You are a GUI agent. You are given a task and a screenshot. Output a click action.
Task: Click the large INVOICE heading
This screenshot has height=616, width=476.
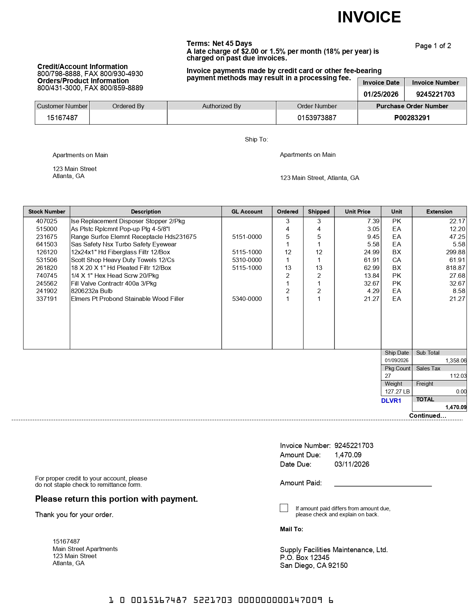click(x=369, y=17)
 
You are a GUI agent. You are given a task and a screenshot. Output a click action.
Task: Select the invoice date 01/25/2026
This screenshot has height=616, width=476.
click(x=381, y=94)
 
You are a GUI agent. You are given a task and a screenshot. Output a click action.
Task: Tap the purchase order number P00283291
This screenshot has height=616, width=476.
click(x=412, y=118)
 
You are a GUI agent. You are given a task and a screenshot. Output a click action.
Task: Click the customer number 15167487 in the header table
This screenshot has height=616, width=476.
click(x=62, y=118)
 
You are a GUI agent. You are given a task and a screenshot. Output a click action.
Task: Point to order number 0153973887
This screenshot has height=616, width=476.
click(x=317, y=118)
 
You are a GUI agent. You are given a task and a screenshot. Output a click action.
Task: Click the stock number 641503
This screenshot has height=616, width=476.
click(x=47, y=244)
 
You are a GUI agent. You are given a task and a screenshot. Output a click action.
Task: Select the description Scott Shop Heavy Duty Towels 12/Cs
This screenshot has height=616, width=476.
click(x=122, y=260)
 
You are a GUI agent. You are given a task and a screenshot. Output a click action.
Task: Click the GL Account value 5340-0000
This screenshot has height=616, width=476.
click(x=247, y=299)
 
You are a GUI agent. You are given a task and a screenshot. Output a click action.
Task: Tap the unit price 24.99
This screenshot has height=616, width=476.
click(x=371, y=252)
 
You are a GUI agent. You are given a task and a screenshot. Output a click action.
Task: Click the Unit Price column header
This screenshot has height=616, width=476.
click(x=357, y=211)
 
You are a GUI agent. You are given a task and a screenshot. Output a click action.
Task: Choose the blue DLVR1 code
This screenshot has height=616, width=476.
click(x=391, y=401)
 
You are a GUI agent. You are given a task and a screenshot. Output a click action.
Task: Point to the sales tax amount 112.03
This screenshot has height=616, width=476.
click(x=458, y=376)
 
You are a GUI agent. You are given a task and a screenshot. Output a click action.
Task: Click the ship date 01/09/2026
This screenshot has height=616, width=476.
click(x=396, y=360)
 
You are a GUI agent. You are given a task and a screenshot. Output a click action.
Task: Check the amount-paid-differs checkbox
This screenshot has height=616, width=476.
click(x=284, y=508)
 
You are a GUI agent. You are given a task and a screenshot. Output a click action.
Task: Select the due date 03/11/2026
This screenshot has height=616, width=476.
click(x=352, y=464)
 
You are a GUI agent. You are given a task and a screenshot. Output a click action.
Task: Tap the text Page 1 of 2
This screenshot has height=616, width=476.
click(x=433, y=46)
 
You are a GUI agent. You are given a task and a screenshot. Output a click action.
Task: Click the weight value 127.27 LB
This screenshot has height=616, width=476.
click(x=397, y=392)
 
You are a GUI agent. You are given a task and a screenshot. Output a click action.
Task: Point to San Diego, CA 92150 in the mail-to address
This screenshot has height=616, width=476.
click(x=314, y=565)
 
